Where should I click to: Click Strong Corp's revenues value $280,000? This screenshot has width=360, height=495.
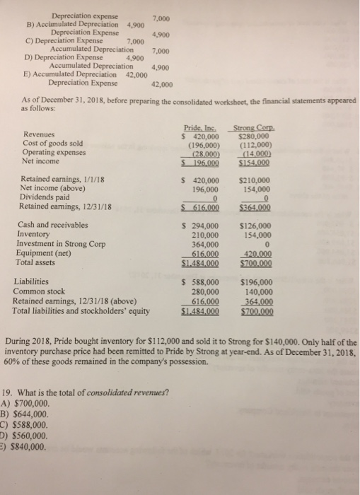tap(257, 134)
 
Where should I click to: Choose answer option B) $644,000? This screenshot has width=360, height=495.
tap(25, 415)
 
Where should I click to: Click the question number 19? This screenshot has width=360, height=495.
tap(9, 394)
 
